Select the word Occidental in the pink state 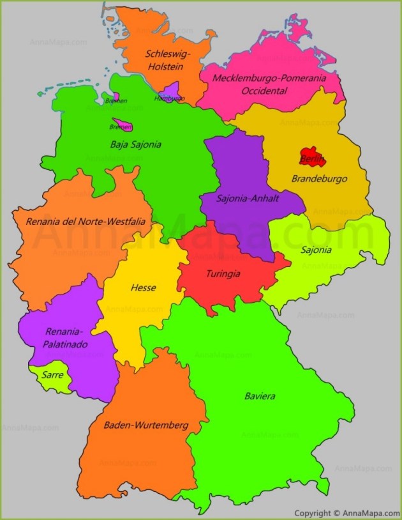264,91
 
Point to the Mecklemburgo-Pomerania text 269,78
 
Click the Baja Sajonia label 135,144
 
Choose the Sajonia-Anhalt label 248,198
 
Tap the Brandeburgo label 319,179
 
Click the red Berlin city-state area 311,156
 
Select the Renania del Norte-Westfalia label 86,222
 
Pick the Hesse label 143,287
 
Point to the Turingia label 223,273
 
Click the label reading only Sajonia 316,250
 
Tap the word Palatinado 66,344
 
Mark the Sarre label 52,375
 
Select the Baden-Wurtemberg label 145,425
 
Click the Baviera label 260,396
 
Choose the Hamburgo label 169,98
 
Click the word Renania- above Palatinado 64,332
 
